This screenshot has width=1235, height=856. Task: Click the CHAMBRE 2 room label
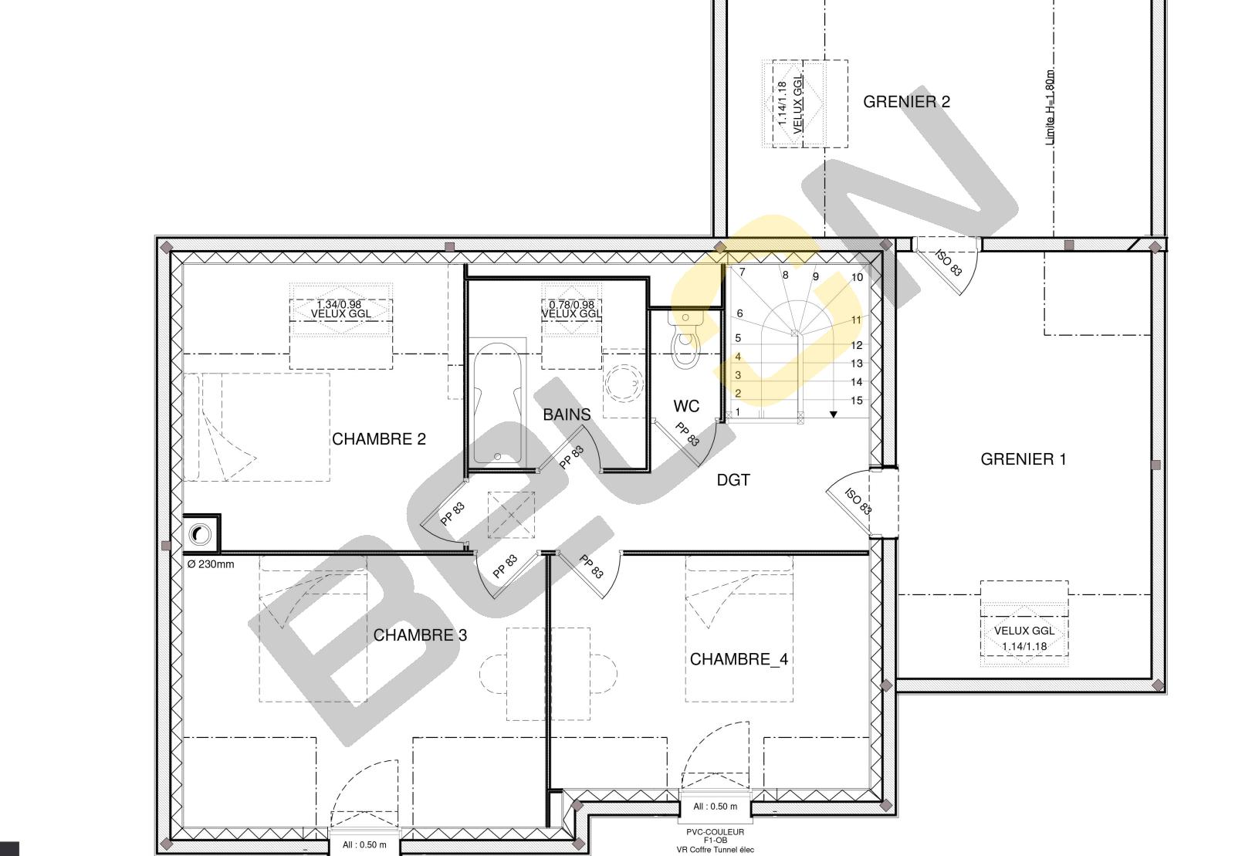[x=379, y=438]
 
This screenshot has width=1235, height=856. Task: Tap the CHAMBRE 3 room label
[x=420, y=635]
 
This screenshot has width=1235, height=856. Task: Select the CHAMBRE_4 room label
[x=739, y=659]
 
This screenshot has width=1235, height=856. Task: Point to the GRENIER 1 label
[x=1024, y=459]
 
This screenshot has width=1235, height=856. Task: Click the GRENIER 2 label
[x=906, y=101]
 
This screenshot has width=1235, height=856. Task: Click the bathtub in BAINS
[x=497, y=404]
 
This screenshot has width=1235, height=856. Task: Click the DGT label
[x=733, y=480]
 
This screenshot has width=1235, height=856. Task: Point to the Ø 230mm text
[x=211, y=564]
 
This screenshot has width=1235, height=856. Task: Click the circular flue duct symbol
[x=200, y=534]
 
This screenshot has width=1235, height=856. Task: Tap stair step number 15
[x=856, y=401]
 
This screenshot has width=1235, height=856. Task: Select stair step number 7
[x=742, y=272]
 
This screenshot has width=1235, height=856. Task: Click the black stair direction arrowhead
[x=834, y=414]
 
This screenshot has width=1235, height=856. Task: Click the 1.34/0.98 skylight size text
[x=339, y=304]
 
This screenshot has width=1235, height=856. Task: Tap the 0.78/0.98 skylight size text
[x=572, y=305]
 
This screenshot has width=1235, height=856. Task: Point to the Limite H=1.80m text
[x=1050, y=107]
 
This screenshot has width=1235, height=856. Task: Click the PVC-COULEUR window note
[x=715, y=832]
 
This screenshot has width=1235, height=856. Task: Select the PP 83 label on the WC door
[x=688, y=435]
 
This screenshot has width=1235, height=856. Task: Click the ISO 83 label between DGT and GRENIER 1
[x=858, y=501]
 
